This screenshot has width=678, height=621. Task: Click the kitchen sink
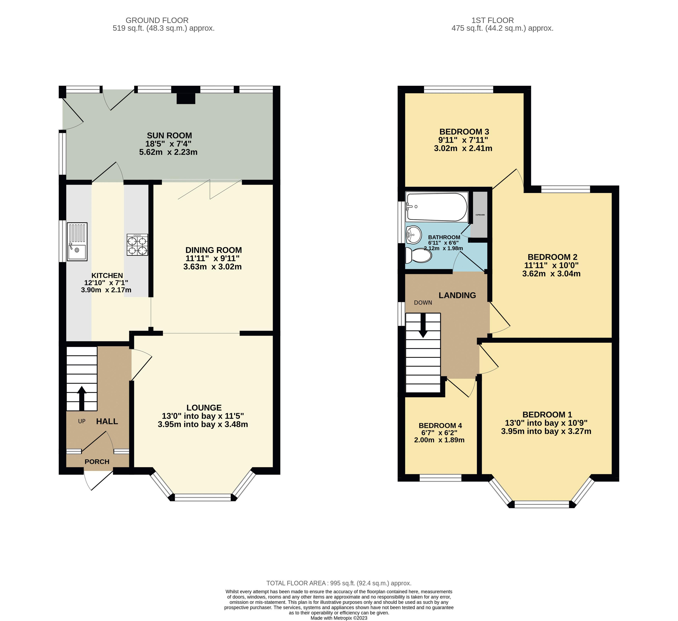click(77, 242)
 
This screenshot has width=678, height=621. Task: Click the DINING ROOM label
click(214, 250)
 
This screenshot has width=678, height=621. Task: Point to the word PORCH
click(97, 462)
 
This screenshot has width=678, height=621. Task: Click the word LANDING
click(457, 295)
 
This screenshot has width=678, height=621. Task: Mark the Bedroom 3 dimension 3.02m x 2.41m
click(463, 148)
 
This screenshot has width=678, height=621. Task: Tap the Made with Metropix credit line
click(339, 618)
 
